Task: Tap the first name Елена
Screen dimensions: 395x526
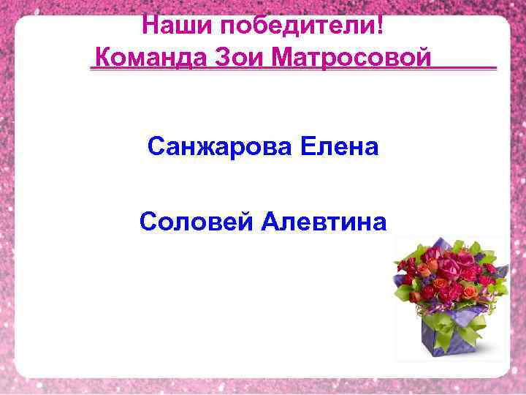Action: (x=338, y=147)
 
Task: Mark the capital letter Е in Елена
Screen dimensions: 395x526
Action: (x=307, y=147)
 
